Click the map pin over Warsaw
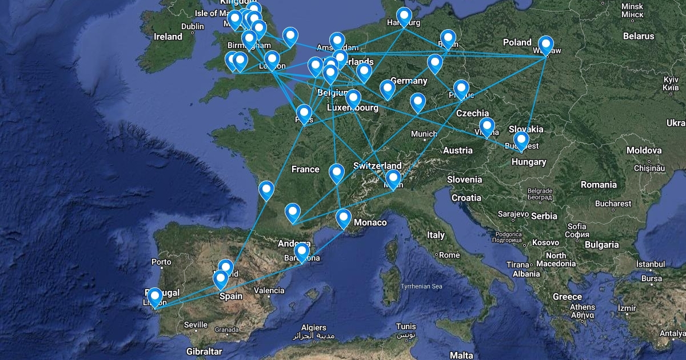546,45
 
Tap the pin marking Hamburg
405,17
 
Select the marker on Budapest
521,140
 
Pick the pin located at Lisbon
154,297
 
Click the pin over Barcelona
301,251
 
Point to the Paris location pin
304,113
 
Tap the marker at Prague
461,89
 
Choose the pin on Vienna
487,126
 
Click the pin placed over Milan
393,178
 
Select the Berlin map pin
448,38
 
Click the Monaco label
370,222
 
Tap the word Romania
599,185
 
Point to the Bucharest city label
613,203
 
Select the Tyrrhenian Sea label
421,286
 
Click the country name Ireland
168,37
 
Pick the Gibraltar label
204,351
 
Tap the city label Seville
196,325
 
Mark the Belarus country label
639,36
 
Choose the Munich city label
424,134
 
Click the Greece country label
567,297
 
